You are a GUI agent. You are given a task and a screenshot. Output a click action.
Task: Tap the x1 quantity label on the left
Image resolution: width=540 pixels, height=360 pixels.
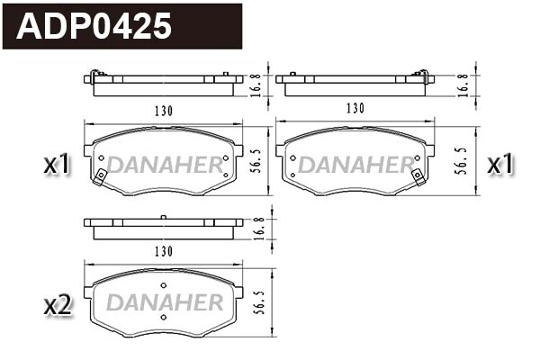point(57,164)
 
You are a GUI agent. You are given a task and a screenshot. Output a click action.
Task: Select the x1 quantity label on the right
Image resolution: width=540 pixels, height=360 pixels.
point(500,164)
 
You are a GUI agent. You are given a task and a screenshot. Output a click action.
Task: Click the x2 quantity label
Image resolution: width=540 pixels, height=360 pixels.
point(57,305)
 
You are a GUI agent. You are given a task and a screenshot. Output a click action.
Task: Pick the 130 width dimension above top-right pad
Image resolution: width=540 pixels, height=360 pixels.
point(355,109)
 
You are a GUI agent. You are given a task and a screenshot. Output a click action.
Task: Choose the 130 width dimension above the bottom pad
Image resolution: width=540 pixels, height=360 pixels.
point(163,251)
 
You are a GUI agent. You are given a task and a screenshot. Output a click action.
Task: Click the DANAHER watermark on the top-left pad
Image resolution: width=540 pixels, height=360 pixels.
point(164,166)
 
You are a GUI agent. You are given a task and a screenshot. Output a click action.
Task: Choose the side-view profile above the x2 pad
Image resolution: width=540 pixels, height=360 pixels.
point(163,227)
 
